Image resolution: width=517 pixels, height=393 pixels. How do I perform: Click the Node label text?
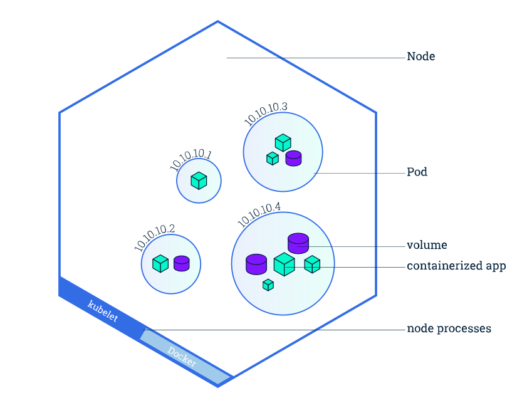click(x=420, y=56)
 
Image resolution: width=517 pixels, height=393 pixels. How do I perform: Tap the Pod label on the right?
click(x=417, y=172)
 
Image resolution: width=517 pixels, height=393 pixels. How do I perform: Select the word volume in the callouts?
click(x=427, y=245)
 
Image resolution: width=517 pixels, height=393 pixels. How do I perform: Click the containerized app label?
click(x=456, y=266)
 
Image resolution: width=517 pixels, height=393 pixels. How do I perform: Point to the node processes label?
click(x=449, y=328)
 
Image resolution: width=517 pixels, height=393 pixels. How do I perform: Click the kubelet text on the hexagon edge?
click(x=103, y=310)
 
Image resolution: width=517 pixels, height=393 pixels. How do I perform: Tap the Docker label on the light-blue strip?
click(x=182, y=357)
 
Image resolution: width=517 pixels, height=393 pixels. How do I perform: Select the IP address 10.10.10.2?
click(x=154, y=238)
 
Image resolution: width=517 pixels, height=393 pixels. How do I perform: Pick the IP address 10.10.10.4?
click(x=259, y=214)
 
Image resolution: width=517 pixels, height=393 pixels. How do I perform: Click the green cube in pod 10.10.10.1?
click(x=199, y=181)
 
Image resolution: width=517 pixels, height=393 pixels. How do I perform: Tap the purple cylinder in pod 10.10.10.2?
click(x=182, y=263)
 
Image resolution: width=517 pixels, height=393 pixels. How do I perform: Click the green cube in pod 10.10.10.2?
click(x=160, y=264)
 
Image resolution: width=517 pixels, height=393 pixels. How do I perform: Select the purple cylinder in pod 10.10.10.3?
click(x=293, y=158)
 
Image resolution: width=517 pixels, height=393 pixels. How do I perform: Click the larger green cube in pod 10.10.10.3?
click(x=283, y=143)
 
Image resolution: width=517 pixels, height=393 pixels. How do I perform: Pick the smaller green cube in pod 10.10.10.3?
click(x=273, y=159)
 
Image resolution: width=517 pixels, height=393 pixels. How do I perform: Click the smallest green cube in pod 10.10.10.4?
click(x=268, y=285)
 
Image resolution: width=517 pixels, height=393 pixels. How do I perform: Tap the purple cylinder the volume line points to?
click(x=298, y=244)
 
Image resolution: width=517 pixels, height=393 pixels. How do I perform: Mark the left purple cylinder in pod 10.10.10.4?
click(x=256, y=264)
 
